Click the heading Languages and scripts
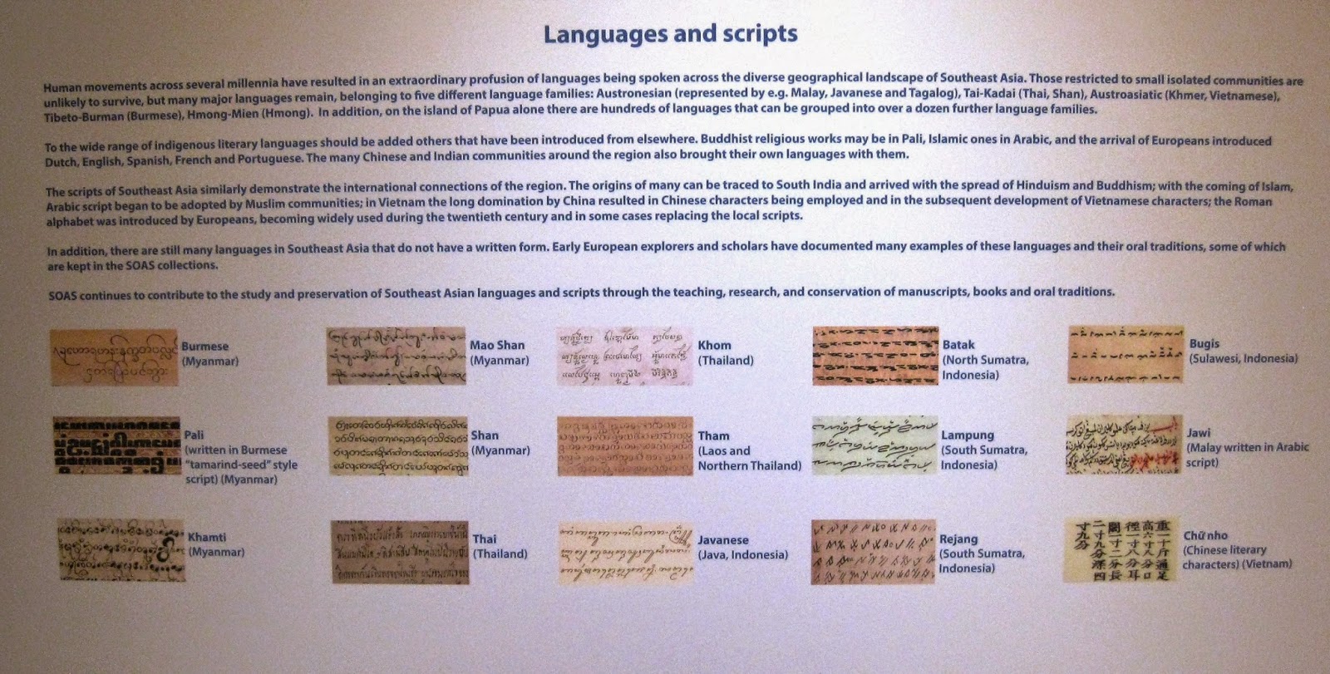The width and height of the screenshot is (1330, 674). (x=670, y=34)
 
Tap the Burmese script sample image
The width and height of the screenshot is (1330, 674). (x=114, y=357)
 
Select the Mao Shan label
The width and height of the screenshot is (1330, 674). (x=497, y=345)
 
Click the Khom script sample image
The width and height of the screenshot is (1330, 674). (x=623, y=356)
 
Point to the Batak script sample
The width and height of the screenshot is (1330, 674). (x=875, y=356)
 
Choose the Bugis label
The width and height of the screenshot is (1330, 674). (x=1204, y=343)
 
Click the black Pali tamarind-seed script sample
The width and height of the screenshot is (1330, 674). (x=116, y=445)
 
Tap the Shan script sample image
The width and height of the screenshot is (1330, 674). (x=398, y=445)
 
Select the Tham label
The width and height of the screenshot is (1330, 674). (x=713, y=435)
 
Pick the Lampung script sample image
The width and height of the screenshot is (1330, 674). (x=874, y=445)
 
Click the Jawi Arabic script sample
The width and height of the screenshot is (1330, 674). (x=1124, y=445)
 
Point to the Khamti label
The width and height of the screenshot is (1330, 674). (x=206, y=537)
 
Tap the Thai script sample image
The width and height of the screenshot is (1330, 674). (x=400, y=552)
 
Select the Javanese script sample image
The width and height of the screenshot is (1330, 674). (x=625, y=552)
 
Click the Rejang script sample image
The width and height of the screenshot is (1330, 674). (x=873, y=552)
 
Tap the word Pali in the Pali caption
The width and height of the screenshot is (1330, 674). (x=194, y=435)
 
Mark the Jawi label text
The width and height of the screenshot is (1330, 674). (x=1199, y=433)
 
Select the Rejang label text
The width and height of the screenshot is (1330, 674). (x=958, y=539)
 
